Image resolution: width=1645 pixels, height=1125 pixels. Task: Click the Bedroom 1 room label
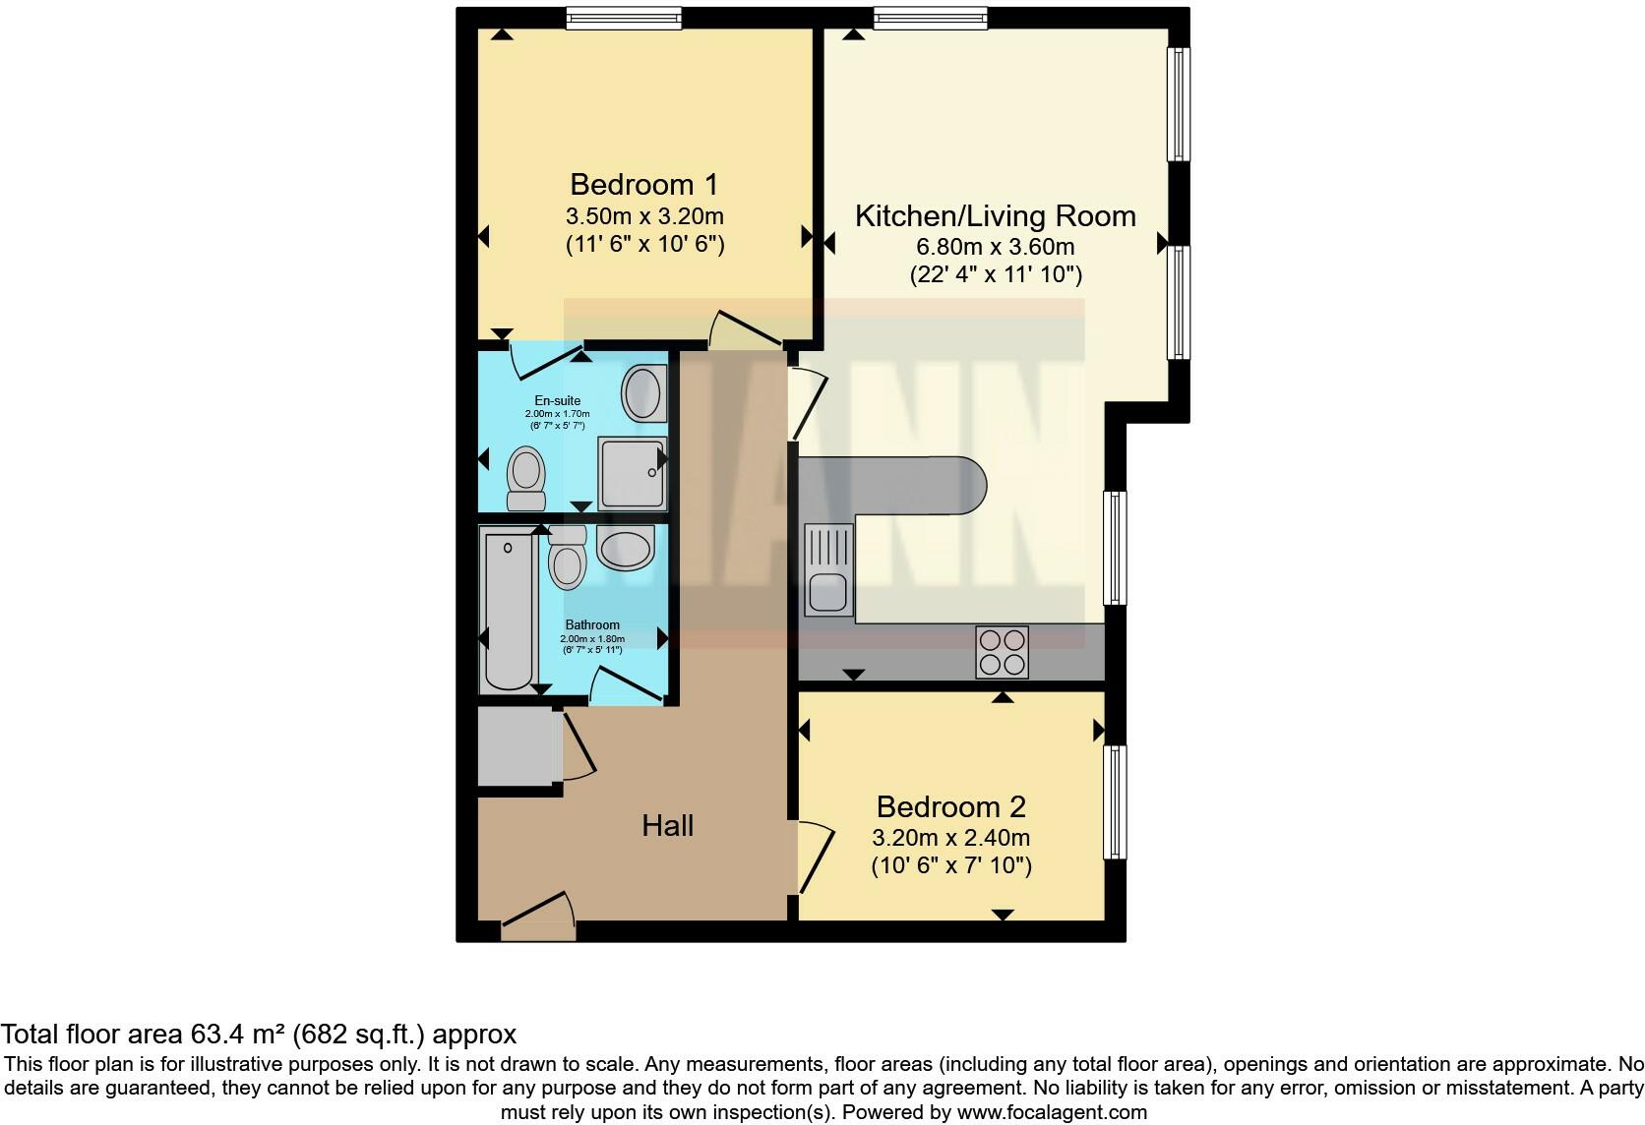[x=644, y=184]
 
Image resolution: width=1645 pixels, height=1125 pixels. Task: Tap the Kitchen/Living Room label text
[x=995, y=215]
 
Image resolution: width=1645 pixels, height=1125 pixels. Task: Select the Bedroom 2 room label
[x=950, y=806]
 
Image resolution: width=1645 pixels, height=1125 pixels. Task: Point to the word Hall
[x=667, y=825]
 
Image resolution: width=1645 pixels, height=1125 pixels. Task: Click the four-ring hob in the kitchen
[x=1002, y=651]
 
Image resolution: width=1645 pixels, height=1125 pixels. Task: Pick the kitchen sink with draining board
[x=828, y=569]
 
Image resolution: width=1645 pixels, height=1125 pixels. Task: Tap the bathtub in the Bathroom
[x=508, y=609]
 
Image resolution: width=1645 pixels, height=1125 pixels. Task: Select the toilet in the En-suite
[x=526, y=478]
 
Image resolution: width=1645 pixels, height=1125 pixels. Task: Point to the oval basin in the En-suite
[x=643, y=392]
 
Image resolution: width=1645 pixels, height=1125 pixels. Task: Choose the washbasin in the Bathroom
[x=625, y=548]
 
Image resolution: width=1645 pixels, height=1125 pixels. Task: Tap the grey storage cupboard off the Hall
[x=517, y=746]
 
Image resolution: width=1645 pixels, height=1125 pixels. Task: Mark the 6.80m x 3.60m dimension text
[x=995, y=246]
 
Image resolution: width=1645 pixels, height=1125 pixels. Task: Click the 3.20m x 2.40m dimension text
[x=950, y=838]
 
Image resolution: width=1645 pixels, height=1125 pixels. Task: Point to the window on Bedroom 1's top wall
[x=624, y=18]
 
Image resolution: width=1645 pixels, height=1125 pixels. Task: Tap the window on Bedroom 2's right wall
[x=1114, y=801]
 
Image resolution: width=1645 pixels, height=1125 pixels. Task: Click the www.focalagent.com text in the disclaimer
[x=1052, y=1112]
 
